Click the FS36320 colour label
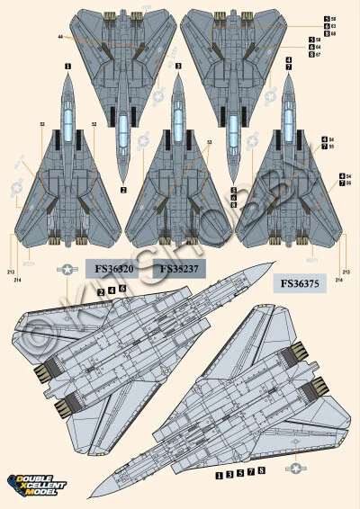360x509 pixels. point(112,268)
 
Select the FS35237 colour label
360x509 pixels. point(182,268)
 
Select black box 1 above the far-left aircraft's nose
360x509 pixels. point(68,67)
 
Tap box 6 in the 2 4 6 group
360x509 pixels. point(121,290)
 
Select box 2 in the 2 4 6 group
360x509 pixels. point(100,290)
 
